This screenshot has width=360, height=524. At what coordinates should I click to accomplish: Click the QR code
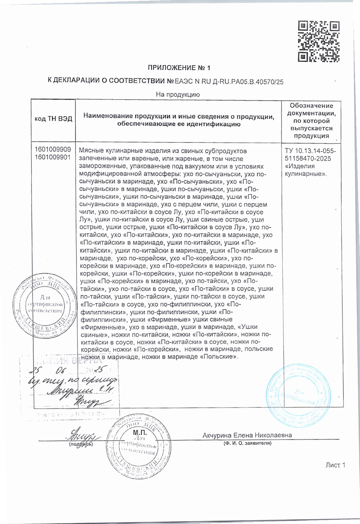(x=319, y=41)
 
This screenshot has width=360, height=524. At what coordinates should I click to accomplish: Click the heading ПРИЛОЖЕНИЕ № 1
(x=179, y=68)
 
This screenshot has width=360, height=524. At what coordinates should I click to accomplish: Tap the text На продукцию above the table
(x=178, y=95)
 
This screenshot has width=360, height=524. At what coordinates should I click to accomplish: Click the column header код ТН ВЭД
(x=53, y=119)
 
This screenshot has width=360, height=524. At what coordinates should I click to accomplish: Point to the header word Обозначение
(x=312, y=106)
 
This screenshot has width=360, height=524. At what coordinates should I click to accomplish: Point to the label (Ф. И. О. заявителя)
(x=247, y=443)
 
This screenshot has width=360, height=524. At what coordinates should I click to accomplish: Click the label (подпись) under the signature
(x=81, y=444)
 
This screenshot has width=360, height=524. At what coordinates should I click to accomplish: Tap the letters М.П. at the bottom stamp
(x=140, y=433)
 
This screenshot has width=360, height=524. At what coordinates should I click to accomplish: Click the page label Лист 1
(x=335, y=465)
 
